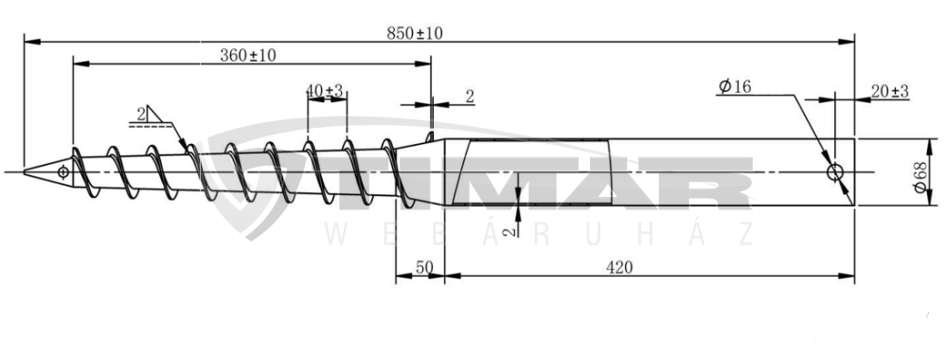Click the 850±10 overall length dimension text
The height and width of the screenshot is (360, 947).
click(x=415, y=33)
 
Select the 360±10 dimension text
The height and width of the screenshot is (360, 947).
click(x=247, y=56)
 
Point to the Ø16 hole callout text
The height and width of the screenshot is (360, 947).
click(x=735, y=86)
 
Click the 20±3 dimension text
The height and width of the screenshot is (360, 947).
click(x=889, y=91)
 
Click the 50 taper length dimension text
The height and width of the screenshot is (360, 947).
click(x=424, y=267)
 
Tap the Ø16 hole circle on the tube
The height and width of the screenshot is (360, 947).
click(x=835, y=172)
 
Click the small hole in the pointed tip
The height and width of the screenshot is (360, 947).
click(x=63, y=172)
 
